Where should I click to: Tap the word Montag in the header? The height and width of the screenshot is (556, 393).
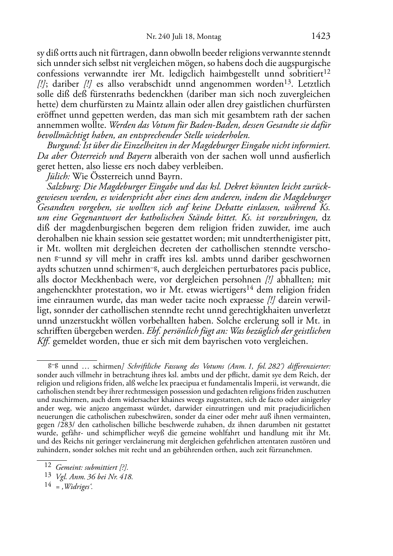209,37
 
